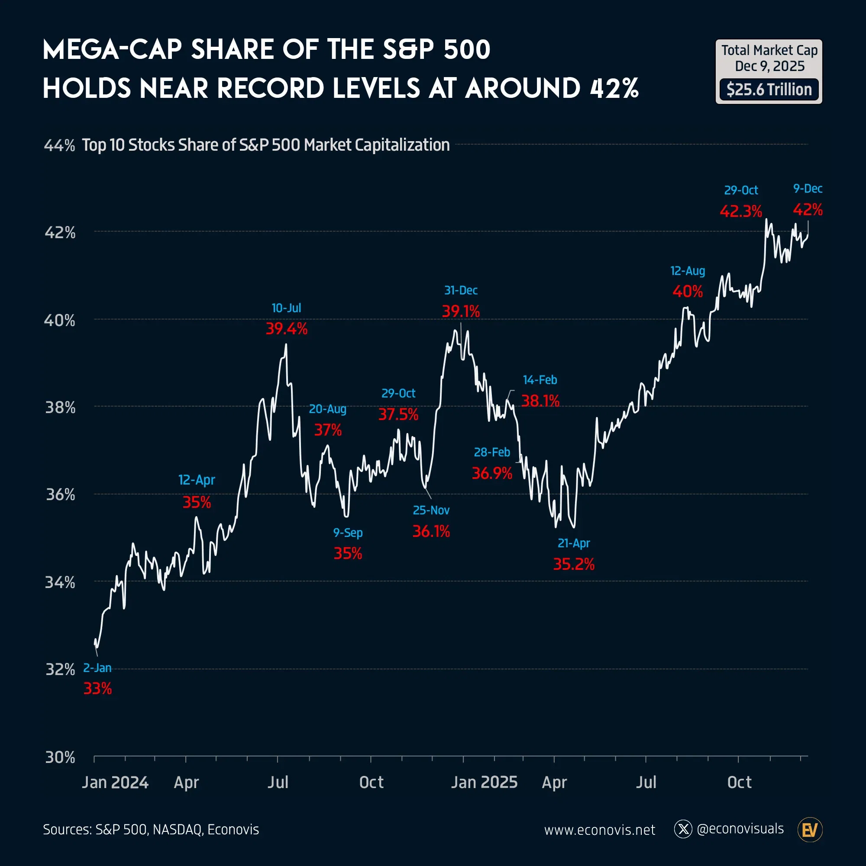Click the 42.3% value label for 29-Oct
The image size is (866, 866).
coord(740,211)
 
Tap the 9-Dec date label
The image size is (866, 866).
coord(807,189)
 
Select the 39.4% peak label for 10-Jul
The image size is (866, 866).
coord(286,329)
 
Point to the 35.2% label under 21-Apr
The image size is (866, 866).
coord(573,564)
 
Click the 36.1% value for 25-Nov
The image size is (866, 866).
coord(431,532)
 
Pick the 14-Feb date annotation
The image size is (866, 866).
coord(540,380)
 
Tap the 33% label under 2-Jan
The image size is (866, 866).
coord(97,688)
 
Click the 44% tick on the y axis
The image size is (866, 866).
coord(59,145)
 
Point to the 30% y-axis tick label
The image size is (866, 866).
coord(60,757)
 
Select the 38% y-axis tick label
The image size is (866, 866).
coord(60,407)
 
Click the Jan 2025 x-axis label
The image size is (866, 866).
coord(484,782)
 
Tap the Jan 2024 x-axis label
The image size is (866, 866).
coord(115,782)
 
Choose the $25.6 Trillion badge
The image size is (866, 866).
coord(769,90)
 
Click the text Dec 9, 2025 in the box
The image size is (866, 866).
coord(769,66)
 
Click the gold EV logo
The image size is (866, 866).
coord(810,830)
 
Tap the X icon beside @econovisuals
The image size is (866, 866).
coord(683,829)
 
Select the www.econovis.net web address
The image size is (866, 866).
coord(599,830)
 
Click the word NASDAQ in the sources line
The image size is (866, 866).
coord(177,830)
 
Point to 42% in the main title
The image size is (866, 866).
coord(614,88)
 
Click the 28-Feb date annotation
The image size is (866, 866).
coord(492,452)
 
